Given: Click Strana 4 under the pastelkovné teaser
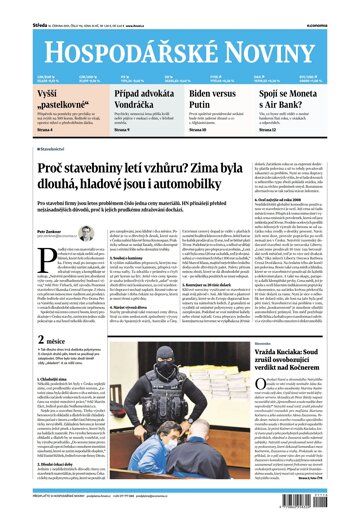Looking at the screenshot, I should pyautogui.click(x=20, y=128).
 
